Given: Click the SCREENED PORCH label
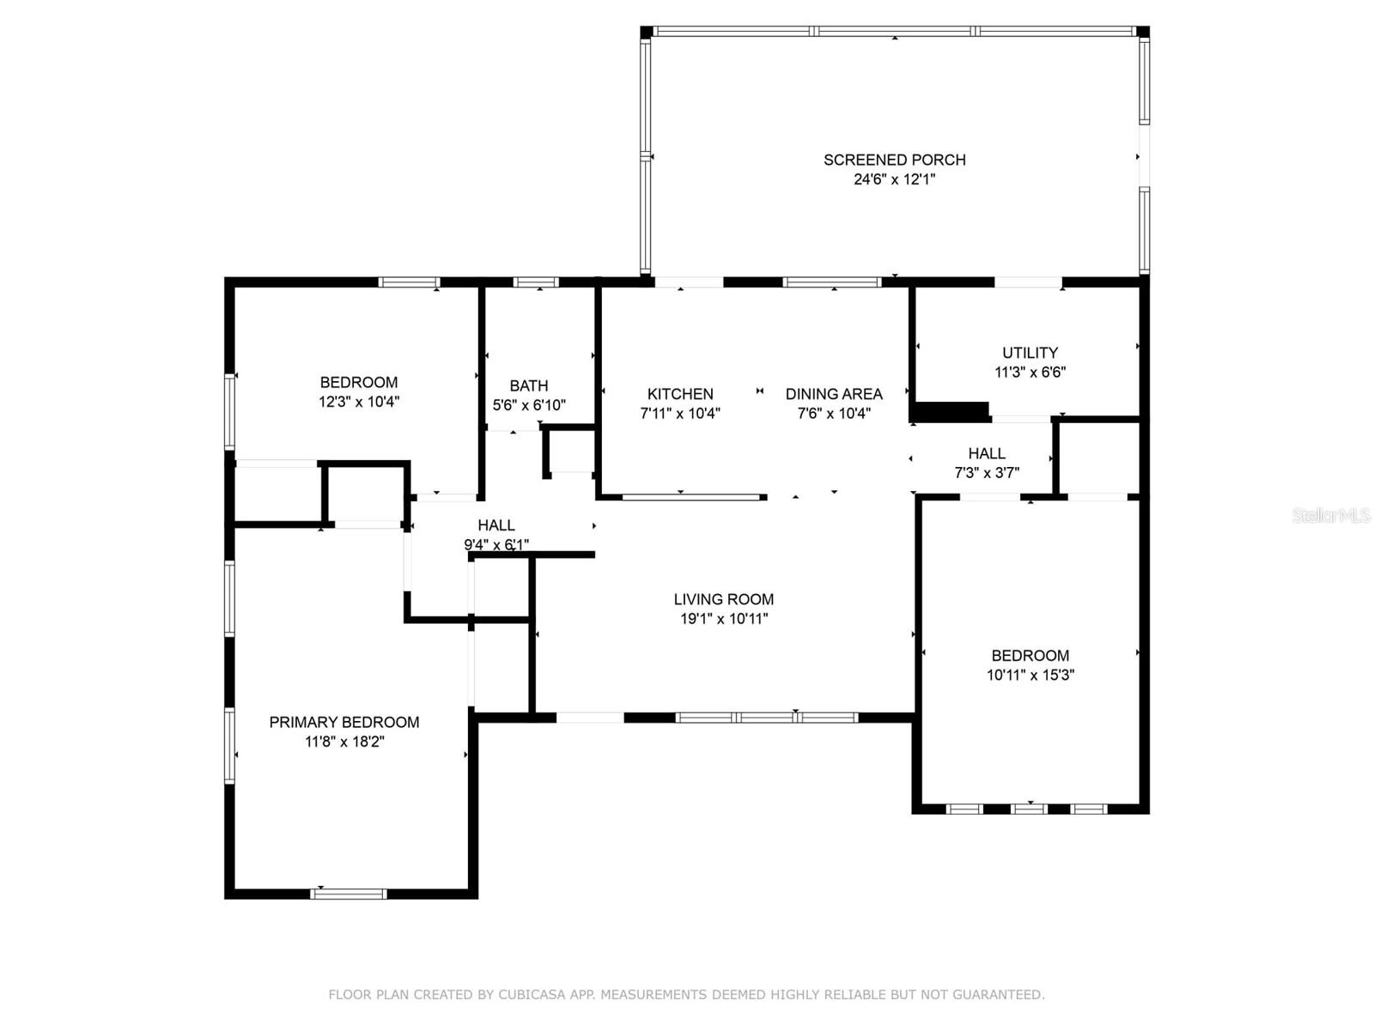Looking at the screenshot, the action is pyautogui.click(x=894, y=161).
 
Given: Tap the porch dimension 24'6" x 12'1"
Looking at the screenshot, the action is pyautogui.click(x=894, y=179).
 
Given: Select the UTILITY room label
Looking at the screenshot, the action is pyautogui.click(x=1030, y=353).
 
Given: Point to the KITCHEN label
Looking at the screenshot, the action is pyautogui.click(x=680, y=394).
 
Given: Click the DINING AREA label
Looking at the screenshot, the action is pyautogui.click(x=834, y=394).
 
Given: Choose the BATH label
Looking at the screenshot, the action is pyautogui.click(x=528, y=386).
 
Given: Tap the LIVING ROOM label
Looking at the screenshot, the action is pyautogui.click(x=724, y=599).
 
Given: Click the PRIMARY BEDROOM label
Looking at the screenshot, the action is pyautogui.click(x=344, y=723).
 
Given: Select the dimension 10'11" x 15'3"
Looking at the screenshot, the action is pyautogui.click(x=1030, y=675).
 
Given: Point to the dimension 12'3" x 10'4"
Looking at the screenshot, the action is pyautogui.click(x=359, y=402).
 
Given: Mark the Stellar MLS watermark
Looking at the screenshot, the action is pyautogui.click(x=1331, y=516).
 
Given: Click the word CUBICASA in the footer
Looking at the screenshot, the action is pyautogui.click(x=532, y=994).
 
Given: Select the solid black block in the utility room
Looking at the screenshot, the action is pyautogui.click(x=951, y=412).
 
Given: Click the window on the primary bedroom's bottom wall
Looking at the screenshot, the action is pyautogui.click(x=348, y=894).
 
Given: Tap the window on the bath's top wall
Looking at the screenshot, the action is pyautogui.click(x=536, y=282).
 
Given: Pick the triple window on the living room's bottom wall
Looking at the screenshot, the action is pyautogui.click(x=767, y=718).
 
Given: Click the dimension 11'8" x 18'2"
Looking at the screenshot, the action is pyautogui.click(x=344, y=742).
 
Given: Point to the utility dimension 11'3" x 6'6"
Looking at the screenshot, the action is pyautogui.click(x=1030, y=373).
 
